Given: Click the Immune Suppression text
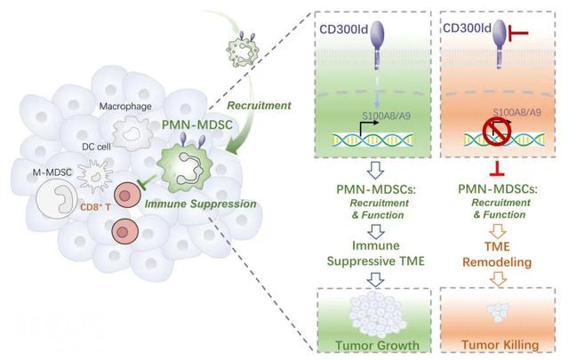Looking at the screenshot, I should pos(214,204).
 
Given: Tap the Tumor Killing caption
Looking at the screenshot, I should pos(499,344).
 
